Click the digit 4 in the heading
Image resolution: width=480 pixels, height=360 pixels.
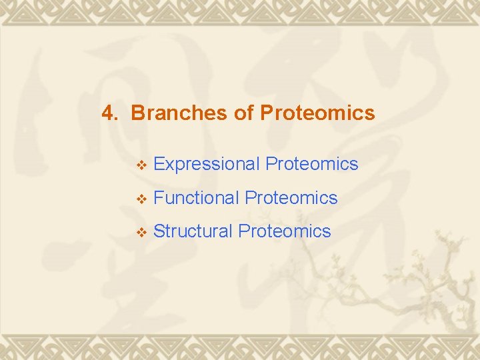click(107, 113)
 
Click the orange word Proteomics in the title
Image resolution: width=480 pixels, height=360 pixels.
click(317, 113)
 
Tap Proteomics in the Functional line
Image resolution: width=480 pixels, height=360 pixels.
click(291, 198)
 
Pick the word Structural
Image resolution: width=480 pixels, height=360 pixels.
click(193, 231)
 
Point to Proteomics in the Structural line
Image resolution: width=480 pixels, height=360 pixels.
click(284, 231)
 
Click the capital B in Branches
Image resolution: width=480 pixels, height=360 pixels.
click(138, 113)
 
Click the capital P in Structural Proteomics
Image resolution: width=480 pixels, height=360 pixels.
click(243, 231)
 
